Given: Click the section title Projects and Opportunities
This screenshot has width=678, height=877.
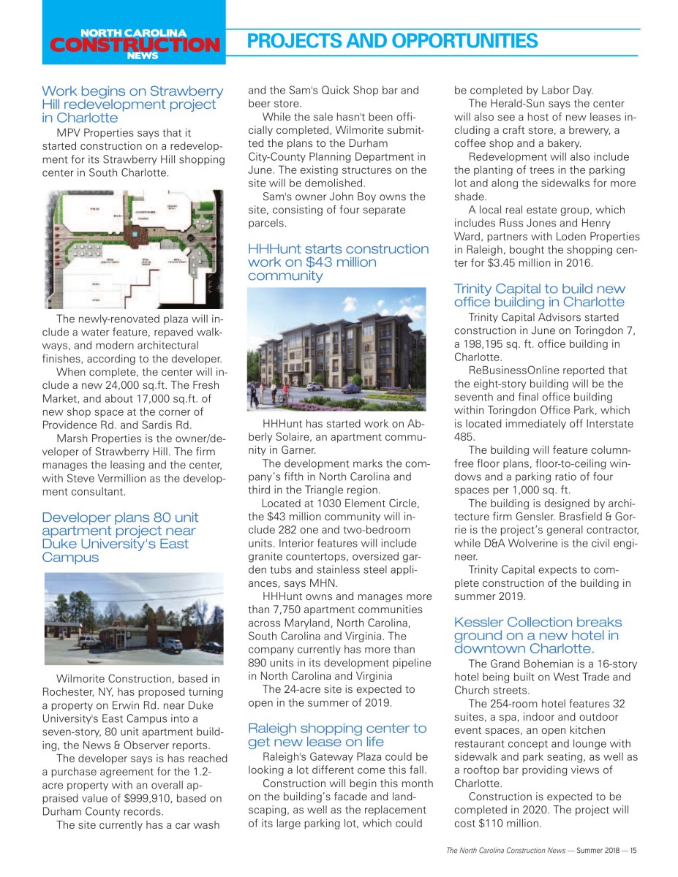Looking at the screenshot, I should point(392,41).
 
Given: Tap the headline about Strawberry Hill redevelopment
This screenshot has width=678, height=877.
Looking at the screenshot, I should point(132,105).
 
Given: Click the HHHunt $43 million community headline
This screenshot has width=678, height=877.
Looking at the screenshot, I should point(338,262).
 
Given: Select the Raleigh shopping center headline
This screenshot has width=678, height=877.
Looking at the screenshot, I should point(337,735).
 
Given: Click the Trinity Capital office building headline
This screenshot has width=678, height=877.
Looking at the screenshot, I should point(540,295).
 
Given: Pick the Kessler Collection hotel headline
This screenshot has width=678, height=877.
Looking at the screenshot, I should point(538,635).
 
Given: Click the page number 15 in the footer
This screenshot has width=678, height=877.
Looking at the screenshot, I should point(633,850).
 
